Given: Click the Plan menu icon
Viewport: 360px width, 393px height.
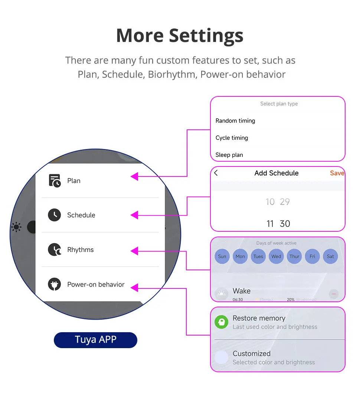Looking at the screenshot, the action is point(55,181).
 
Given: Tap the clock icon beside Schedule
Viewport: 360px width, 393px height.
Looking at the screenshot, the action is point(55,215).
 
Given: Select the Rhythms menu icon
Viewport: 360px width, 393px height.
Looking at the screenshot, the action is point(55,250).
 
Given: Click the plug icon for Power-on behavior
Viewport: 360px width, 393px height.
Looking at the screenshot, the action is point(55,284).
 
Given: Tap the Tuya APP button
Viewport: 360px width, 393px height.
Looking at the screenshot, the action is point(95,340).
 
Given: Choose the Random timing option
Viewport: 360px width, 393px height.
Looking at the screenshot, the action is point(235,120).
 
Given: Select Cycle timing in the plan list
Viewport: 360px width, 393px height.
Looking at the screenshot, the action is point(232,138).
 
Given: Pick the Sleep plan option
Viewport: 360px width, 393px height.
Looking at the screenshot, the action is point(229,155).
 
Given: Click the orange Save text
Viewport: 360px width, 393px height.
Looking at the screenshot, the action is point(337,173).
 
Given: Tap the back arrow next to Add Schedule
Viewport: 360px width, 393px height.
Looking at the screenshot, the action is point(216,173).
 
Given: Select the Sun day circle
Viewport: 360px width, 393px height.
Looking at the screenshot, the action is point(222,256).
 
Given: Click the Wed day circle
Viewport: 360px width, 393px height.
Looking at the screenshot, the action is point(276,256).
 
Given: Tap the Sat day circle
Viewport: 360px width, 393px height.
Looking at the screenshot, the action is point(330,256).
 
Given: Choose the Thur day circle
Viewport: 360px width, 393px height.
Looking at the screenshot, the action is point(294,256).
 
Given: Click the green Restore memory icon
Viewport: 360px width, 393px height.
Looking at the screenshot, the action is point(222,322).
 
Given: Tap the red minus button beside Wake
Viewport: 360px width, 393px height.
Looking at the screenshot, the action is point(333,294).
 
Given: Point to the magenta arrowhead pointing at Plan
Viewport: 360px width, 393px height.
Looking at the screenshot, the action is point(135,176).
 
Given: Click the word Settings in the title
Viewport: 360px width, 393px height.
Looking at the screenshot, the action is point(206,36).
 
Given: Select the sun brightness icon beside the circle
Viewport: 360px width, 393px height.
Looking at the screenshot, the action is point(16,227).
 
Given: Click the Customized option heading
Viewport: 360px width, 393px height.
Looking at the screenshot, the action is point(251,353).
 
